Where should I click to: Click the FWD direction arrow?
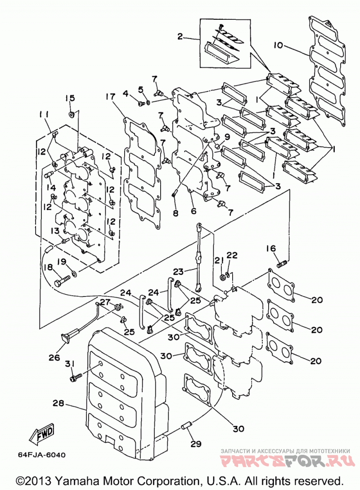tap(42, 434)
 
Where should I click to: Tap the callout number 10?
tap(278, 45)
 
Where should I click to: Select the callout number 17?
tap(110, 97)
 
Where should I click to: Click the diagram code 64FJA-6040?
tap(42, 455)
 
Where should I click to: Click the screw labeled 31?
tap(75, 378)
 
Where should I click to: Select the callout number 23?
tap(179, 271)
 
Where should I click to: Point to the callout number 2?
tap(180, 37)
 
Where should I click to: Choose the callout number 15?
tap(70, 98)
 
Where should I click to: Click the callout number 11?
tap(44, 115)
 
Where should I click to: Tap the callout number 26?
tap(54, 357)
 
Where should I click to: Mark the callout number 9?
tap(227, 137)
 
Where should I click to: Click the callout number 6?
tap(194, 211)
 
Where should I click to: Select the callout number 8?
tap(175, 213)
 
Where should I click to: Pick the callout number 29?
tap(196, 444)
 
